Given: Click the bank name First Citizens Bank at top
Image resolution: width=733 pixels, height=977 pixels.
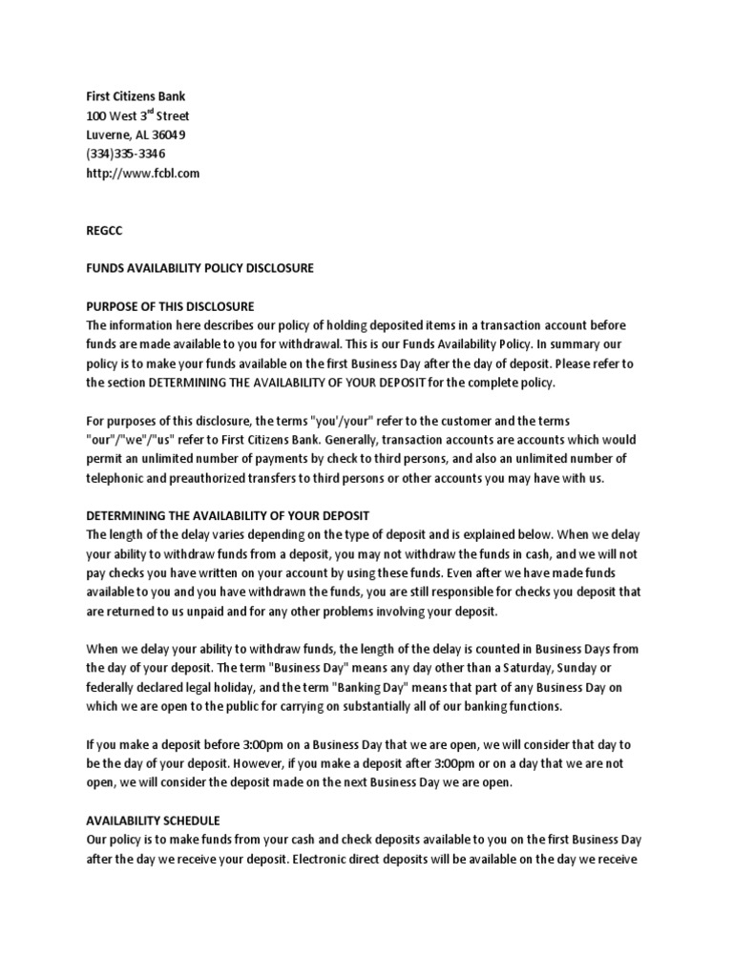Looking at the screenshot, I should coord(137,97).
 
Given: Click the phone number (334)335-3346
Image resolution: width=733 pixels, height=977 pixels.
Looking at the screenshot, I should coord(125,154).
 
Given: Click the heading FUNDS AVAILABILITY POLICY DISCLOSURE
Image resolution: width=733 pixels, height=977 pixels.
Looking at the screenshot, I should coord(199,268).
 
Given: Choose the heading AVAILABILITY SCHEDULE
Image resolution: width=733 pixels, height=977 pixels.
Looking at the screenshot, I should coord(153,821).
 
